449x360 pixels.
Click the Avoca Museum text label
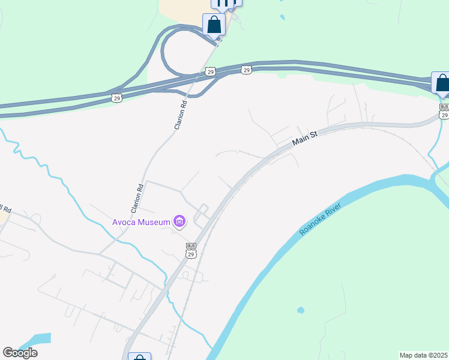(142, 222)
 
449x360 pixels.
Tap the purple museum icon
(179, 222)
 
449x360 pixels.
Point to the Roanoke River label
(321, 219)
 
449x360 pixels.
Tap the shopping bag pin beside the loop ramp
(214, 25)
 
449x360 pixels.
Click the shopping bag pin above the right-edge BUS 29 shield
(442, 83)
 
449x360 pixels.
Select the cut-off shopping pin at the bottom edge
(140, 357)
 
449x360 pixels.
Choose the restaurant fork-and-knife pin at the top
(223, 4)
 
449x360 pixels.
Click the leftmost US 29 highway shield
(117, 97)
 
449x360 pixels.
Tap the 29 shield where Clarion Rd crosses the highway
(209, 72)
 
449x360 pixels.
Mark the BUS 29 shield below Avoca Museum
(191, 250)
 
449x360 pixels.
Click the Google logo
(20, 353)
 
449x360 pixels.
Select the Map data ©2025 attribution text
(423, 355)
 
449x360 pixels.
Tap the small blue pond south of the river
(300, 310)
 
